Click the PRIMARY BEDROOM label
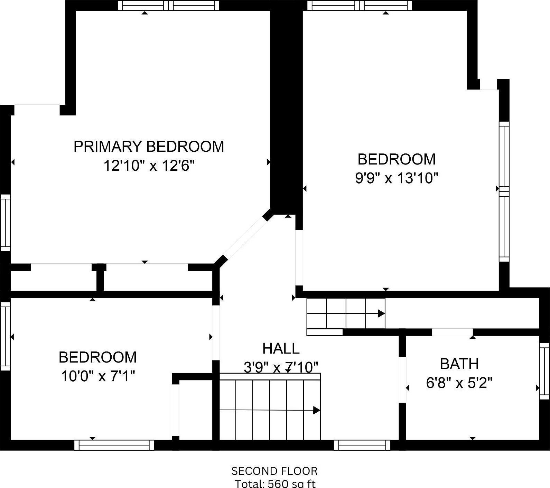(x=149, y=147)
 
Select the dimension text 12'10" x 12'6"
(x=149, y=166)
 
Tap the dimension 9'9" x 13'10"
(x=397, y=179)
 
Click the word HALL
(x=281, y=348)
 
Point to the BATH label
(x=459, y=364)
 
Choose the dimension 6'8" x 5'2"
(x=459, y=383)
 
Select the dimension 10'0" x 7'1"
(x=97, y=376)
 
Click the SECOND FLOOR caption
(x=274, y=471)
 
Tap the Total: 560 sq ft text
(x=275, y=483)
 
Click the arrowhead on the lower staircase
(x=316, y=410)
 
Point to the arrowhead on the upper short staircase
(x=381, y=313)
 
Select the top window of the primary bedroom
(x=168, y=5)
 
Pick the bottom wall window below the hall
(x=362, y=445)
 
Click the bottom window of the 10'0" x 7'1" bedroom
(x=114, y=445)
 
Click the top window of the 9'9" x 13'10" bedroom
(x=360, y=5)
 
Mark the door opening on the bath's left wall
(x=402, y=379)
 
